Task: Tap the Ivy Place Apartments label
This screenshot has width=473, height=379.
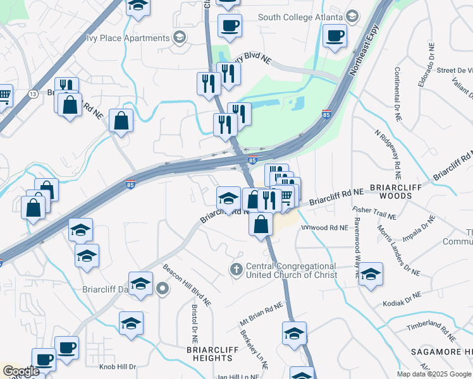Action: pos(129,37)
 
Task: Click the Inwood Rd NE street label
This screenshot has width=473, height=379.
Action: pos(324,227)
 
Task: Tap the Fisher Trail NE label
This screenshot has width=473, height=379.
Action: pos(374,213)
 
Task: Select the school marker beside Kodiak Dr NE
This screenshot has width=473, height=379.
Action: pos(371,274)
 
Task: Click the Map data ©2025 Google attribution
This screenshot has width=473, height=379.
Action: pos(434,374)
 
